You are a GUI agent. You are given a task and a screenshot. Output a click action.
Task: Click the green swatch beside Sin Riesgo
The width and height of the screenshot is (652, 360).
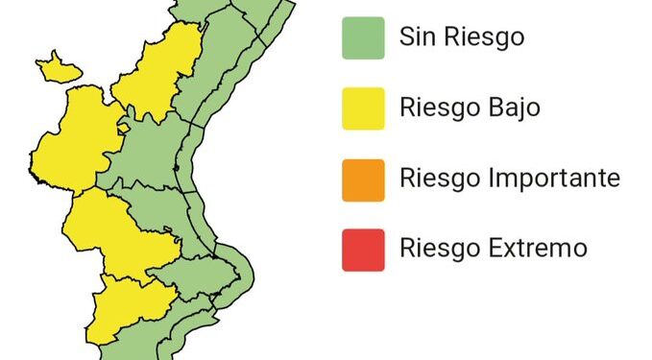pyautogui.click(x=363, y=38)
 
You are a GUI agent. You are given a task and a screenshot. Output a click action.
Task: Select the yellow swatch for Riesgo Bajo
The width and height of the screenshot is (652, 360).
pyautogui.click(x=363, y=108)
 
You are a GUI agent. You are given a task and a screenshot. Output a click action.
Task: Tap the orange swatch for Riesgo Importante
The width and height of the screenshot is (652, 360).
pyautogui.click(x=363, y=180)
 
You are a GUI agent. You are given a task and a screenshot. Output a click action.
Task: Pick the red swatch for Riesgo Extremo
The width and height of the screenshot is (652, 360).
pyautogui.click(x=363, y=250)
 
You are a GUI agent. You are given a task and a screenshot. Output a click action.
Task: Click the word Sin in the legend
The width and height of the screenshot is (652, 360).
pyautogui.click(x=419, y=38)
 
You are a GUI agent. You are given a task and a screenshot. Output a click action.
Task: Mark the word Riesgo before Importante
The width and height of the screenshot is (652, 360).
pyautogui.click(x=436, y=180)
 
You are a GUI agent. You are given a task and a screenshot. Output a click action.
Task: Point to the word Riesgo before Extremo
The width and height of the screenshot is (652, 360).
pyautogui.click(x=436, y=250)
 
